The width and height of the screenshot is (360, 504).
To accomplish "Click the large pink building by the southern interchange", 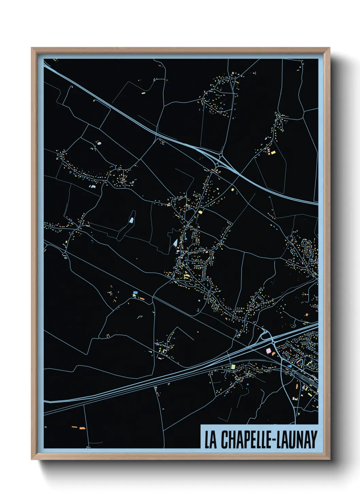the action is click(268, 350).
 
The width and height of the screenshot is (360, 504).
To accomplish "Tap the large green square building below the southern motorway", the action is click(233, 367).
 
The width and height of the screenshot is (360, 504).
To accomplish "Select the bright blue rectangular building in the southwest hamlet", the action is click(135, 292).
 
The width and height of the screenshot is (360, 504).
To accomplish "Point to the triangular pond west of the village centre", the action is click(175, 243).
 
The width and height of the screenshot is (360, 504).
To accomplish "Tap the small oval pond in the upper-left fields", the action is click(99, 143).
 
